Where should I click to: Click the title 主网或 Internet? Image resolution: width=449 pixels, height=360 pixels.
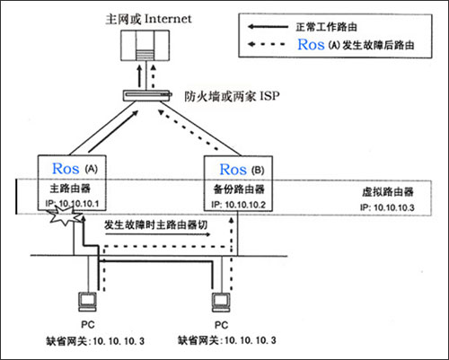click(148, 19)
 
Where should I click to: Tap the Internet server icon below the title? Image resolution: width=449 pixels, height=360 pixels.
click(145, 46)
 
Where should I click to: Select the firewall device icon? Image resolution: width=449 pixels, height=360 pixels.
click(147, 95)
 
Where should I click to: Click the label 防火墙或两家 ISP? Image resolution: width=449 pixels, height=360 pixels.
click(232, 96)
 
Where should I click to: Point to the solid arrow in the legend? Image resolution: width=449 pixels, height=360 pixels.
click(268, 27)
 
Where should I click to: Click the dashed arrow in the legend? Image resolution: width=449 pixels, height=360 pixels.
click(267, 45)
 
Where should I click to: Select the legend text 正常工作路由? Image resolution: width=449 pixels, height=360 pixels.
click(326, 27)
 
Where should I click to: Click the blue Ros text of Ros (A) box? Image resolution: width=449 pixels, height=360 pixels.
click(66, 169)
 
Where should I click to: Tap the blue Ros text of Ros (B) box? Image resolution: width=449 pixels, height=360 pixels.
click(233, 170)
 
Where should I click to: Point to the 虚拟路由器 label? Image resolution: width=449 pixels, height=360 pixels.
click(388, 192)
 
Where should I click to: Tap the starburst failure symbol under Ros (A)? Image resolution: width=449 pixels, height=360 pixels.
click(66, 216)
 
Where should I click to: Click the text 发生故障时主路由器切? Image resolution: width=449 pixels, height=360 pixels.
click(155, 224)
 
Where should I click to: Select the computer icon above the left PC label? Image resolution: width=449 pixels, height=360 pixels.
click(87, 302)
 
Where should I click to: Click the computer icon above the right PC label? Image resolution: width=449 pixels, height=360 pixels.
click(221, 303)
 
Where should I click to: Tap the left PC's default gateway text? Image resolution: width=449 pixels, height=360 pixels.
click(95, 341)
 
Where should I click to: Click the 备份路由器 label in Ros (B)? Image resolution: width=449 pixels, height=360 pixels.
click(239, 189)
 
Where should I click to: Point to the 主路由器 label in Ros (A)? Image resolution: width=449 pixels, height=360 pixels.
click(70, 189)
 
